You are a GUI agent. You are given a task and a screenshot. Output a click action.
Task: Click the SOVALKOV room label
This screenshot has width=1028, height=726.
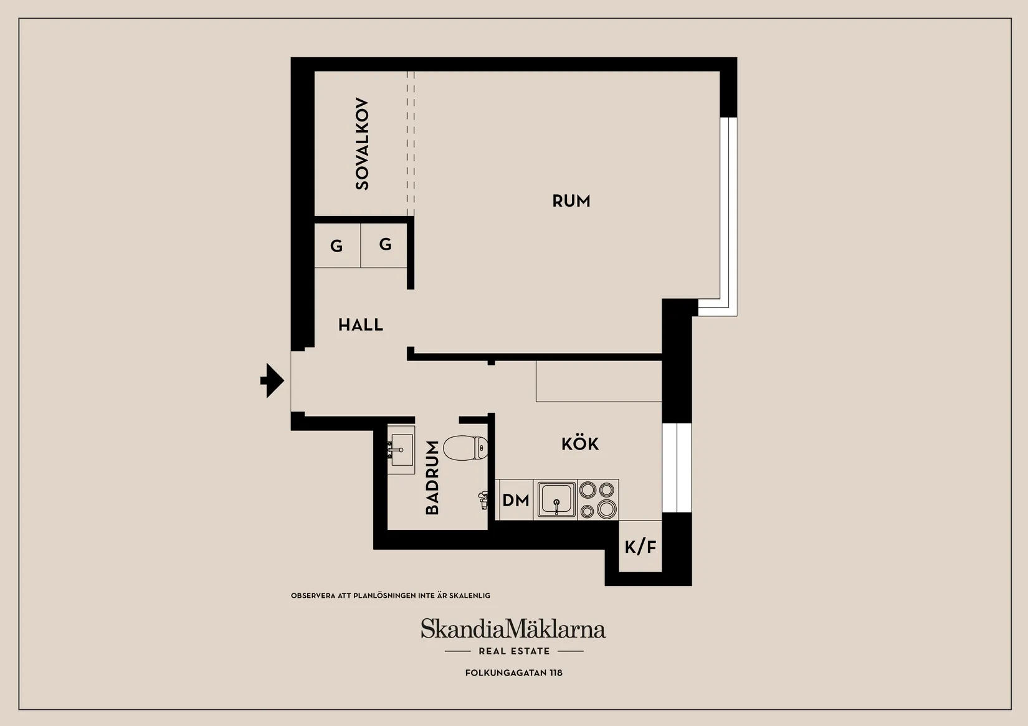[x=362, y=144]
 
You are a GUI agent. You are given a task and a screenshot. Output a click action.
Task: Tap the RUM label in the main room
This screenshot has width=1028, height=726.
[x=571, y=201]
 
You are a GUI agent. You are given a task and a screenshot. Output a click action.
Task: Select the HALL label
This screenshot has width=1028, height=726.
[x=360, y=325]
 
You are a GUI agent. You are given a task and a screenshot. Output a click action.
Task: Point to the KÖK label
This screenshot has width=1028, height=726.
[x=579, y=444]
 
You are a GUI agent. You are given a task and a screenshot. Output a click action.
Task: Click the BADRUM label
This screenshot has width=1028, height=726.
[x=432, y=478]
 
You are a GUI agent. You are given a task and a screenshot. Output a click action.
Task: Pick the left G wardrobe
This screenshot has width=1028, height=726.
[x=337, y=246]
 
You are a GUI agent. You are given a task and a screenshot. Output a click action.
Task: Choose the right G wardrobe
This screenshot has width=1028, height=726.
[x=385, y=244]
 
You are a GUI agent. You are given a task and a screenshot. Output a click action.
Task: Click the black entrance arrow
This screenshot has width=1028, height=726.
[x=273, y=380]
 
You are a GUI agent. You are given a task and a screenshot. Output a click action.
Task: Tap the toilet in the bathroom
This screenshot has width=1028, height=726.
[x=465, y=448]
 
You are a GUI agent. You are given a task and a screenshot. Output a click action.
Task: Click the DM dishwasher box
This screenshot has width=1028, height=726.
[x=515, y=500]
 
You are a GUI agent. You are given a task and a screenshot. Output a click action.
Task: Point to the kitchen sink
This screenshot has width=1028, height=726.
[x=556, y=499]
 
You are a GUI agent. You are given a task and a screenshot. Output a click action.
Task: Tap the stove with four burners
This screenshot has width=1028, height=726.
[x=597, y=500]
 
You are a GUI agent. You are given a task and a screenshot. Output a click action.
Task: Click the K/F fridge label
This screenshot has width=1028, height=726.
[x=640, y=547]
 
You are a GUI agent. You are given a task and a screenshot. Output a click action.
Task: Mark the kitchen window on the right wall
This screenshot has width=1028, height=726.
[x=677, y=467]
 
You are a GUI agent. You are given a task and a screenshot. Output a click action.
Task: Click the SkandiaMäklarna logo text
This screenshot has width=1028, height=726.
[x=513, y=629]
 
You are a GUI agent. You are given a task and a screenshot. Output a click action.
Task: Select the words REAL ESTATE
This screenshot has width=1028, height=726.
[x=514, y=651]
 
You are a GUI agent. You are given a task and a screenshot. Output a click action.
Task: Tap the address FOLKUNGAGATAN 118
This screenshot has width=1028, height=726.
[x=514, y=673]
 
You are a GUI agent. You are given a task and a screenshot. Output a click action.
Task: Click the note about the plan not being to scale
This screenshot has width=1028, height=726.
[x=391, y=596]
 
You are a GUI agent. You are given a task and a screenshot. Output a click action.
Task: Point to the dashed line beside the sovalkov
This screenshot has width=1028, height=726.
[x=411, y=143]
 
